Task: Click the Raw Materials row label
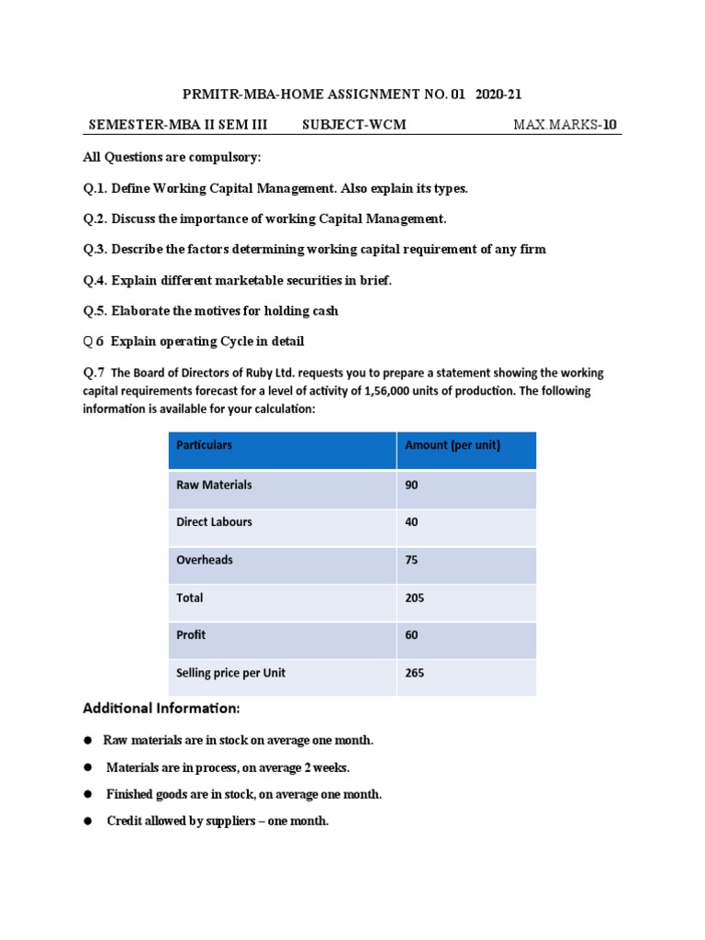(x=214, y=485)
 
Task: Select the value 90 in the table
(x=411, y=485)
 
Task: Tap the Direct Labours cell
(x=214, y=522)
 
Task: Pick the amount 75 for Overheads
(x=411, y=560)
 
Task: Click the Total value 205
(x=414, y=598)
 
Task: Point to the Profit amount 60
(x=411, y=635)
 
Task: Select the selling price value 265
(x=414, y=673)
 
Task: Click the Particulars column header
(x=204, y=445)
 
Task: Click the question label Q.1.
(x=95, y=188)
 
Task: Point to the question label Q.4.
(x=95, y=280)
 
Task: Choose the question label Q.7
(x=94, y=373)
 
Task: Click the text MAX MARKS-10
(x=565, y=125)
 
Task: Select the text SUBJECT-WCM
(x=353, y=125)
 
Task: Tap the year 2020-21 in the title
(x=499, y=94)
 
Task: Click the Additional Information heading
(x=162, y=709)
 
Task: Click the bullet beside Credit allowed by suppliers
(x=89, y=822)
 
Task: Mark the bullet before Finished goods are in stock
(x=89, y=794)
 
